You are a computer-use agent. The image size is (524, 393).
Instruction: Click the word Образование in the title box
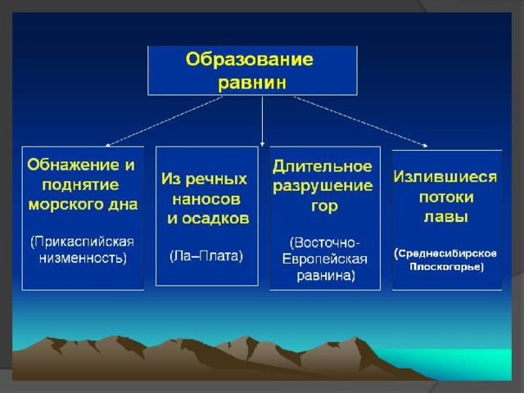[250, 60]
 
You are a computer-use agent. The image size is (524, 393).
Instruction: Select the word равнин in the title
[252, 83]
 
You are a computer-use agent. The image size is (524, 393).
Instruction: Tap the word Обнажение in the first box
[73, 165]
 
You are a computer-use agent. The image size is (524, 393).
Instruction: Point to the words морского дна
[83, 205]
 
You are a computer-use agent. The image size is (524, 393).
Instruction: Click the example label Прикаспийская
[82, 242]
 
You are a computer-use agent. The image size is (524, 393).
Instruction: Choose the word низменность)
[83, 258]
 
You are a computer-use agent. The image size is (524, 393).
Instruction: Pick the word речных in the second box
[216, 179]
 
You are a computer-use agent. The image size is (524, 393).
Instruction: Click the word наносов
[206, 200]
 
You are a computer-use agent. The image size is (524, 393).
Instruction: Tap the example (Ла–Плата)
[206, 256]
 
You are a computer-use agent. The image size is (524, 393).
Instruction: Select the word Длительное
[322, 167]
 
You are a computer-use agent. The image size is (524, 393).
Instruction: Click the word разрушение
[323, 187]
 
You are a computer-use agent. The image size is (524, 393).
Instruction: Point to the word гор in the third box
[324, 206]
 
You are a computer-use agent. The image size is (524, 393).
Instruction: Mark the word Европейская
[325, 259]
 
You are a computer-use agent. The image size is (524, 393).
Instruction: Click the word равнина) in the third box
[326, 275]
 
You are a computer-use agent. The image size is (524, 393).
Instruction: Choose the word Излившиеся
[445, 177]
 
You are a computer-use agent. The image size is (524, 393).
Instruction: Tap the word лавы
[446, 217]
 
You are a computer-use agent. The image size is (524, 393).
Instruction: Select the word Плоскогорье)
[447, 267]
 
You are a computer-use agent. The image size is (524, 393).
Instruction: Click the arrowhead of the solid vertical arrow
[262, 144]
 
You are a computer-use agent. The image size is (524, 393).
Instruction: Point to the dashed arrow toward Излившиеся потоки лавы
[361, 122]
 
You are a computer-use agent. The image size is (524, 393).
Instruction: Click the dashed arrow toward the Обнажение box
[164, 122]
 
